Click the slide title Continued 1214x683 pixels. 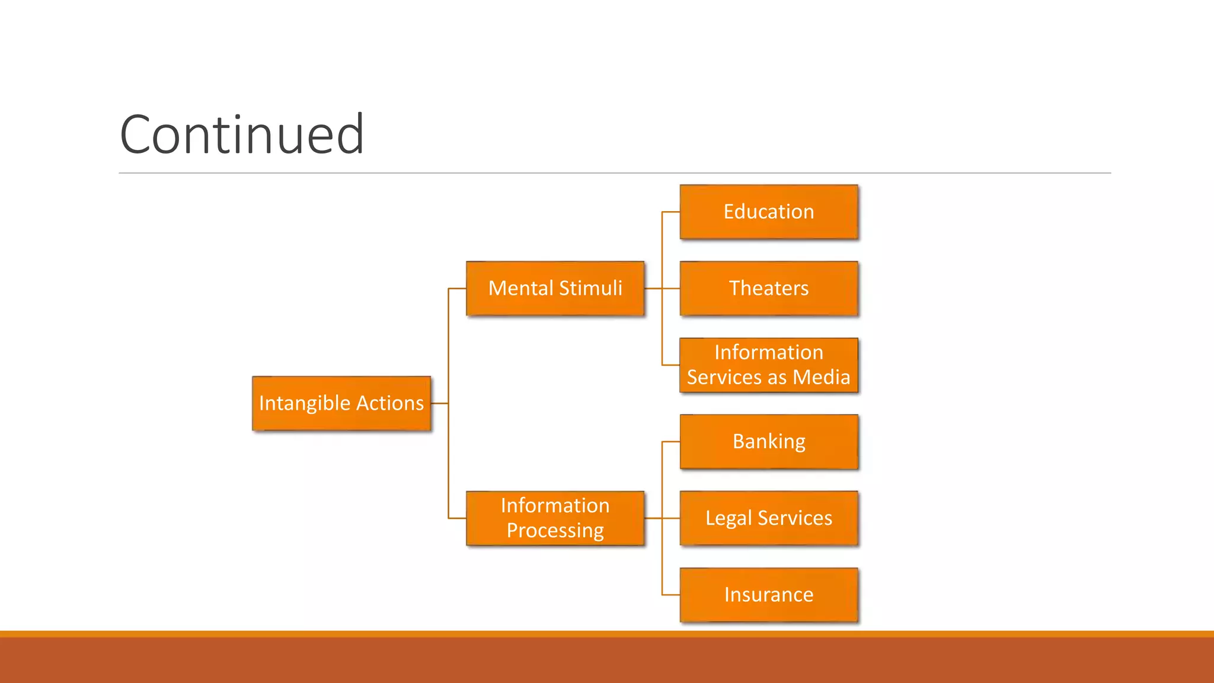(x=242, y=135)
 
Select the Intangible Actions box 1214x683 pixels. (x=341, y=403)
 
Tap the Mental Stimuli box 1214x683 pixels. (x=555, y=288)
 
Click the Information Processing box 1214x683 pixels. (x=555, y=518)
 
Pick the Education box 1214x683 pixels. (x=769, y=212)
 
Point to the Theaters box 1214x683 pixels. (x=769, y=288)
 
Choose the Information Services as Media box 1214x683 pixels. (x=769, y=365)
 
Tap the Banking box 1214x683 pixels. (x=769, y=442)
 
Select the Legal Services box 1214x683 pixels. (x=769, y=518)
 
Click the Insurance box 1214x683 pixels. (x=769, y=595)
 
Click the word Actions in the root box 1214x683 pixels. (x=390, y=403)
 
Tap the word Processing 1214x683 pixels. (x=555, y=531)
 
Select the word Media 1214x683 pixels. (x=822, y=378)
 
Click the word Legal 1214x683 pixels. (x=729, y=519)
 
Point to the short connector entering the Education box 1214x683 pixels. (x=671, y=212)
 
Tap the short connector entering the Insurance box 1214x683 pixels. (x=671, y=595)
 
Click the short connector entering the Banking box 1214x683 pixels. (x=671, y=442)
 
